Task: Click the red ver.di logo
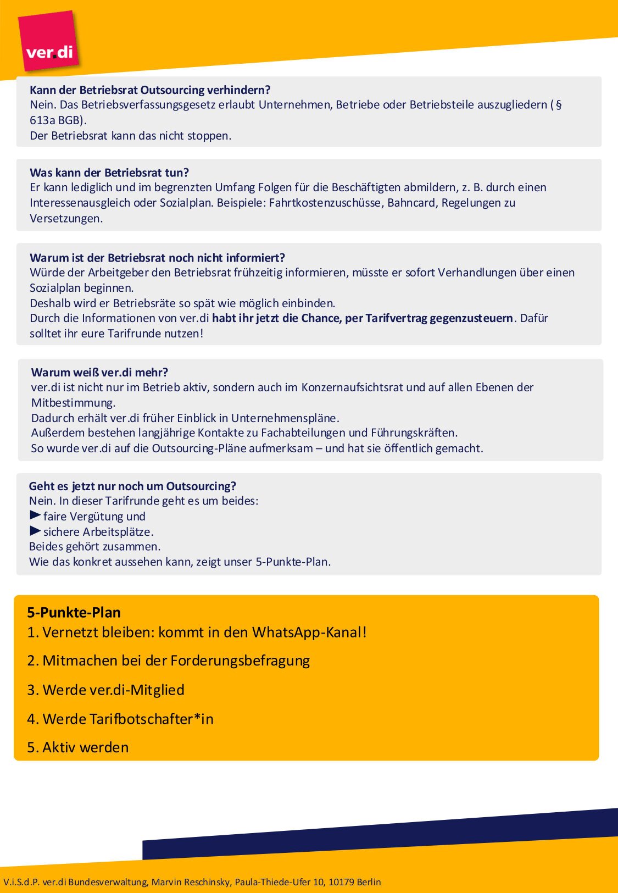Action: pos(48,42)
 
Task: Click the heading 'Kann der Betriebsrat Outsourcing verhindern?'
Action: pos(150,90)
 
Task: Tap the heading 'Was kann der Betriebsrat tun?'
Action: pos(109,173)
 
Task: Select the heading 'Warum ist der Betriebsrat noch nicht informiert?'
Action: pos(157,258)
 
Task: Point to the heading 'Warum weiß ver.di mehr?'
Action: pos(99,373)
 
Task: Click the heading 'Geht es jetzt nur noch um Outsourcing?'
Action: pos(132,486)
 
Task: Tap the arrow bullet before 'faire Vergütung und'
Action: pos(35,515)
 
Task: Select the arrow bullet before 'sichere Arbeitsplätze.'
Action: pos(35,531)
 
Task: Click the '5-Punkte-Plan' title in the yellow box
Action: pos(74,613)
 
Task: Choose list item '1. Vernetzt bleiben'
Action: pos(197,633)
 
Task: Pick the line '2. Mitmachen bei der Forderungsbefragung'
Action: pos(168,661)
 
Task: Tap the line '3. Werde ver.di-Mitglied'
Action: pos(105,690)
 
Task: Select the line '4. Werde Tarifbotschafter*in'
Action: pos(120,719)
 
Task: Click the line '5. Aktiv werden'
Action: pos(77,747)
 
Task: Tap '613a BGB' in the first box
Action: pos(56,120)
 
